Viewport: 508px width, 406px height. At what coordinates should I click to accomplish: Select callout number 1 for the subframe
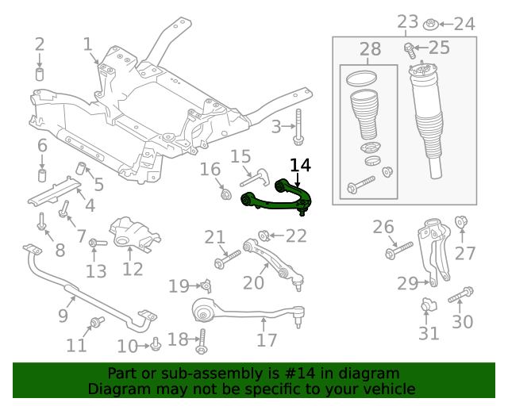87,45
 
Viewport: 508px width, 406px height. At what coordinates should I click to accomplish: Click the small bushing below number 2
40,75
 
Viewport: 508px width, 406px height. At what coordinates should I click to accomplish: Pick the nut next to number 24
431,23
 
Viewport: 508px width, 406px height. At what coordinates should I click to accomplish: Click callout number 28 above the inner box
370,50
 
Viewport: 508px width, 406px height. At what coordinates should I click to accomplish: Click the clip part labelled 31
428,305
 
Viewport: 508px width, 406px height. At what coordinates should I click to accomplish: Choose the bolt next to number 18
202,340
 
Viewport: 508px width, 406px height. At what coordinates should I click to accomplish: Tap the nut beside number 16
225,193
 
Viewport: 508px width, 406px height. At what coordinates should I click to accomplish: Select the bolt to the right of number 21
227,259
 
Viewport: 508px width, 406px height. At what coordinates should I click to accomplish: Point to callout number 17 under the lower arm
267,340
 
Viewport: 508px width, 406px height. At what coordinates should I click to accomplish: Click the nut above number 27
460,221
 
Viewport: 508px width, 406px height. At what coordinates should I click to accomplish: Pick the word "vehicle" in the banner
388,389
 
